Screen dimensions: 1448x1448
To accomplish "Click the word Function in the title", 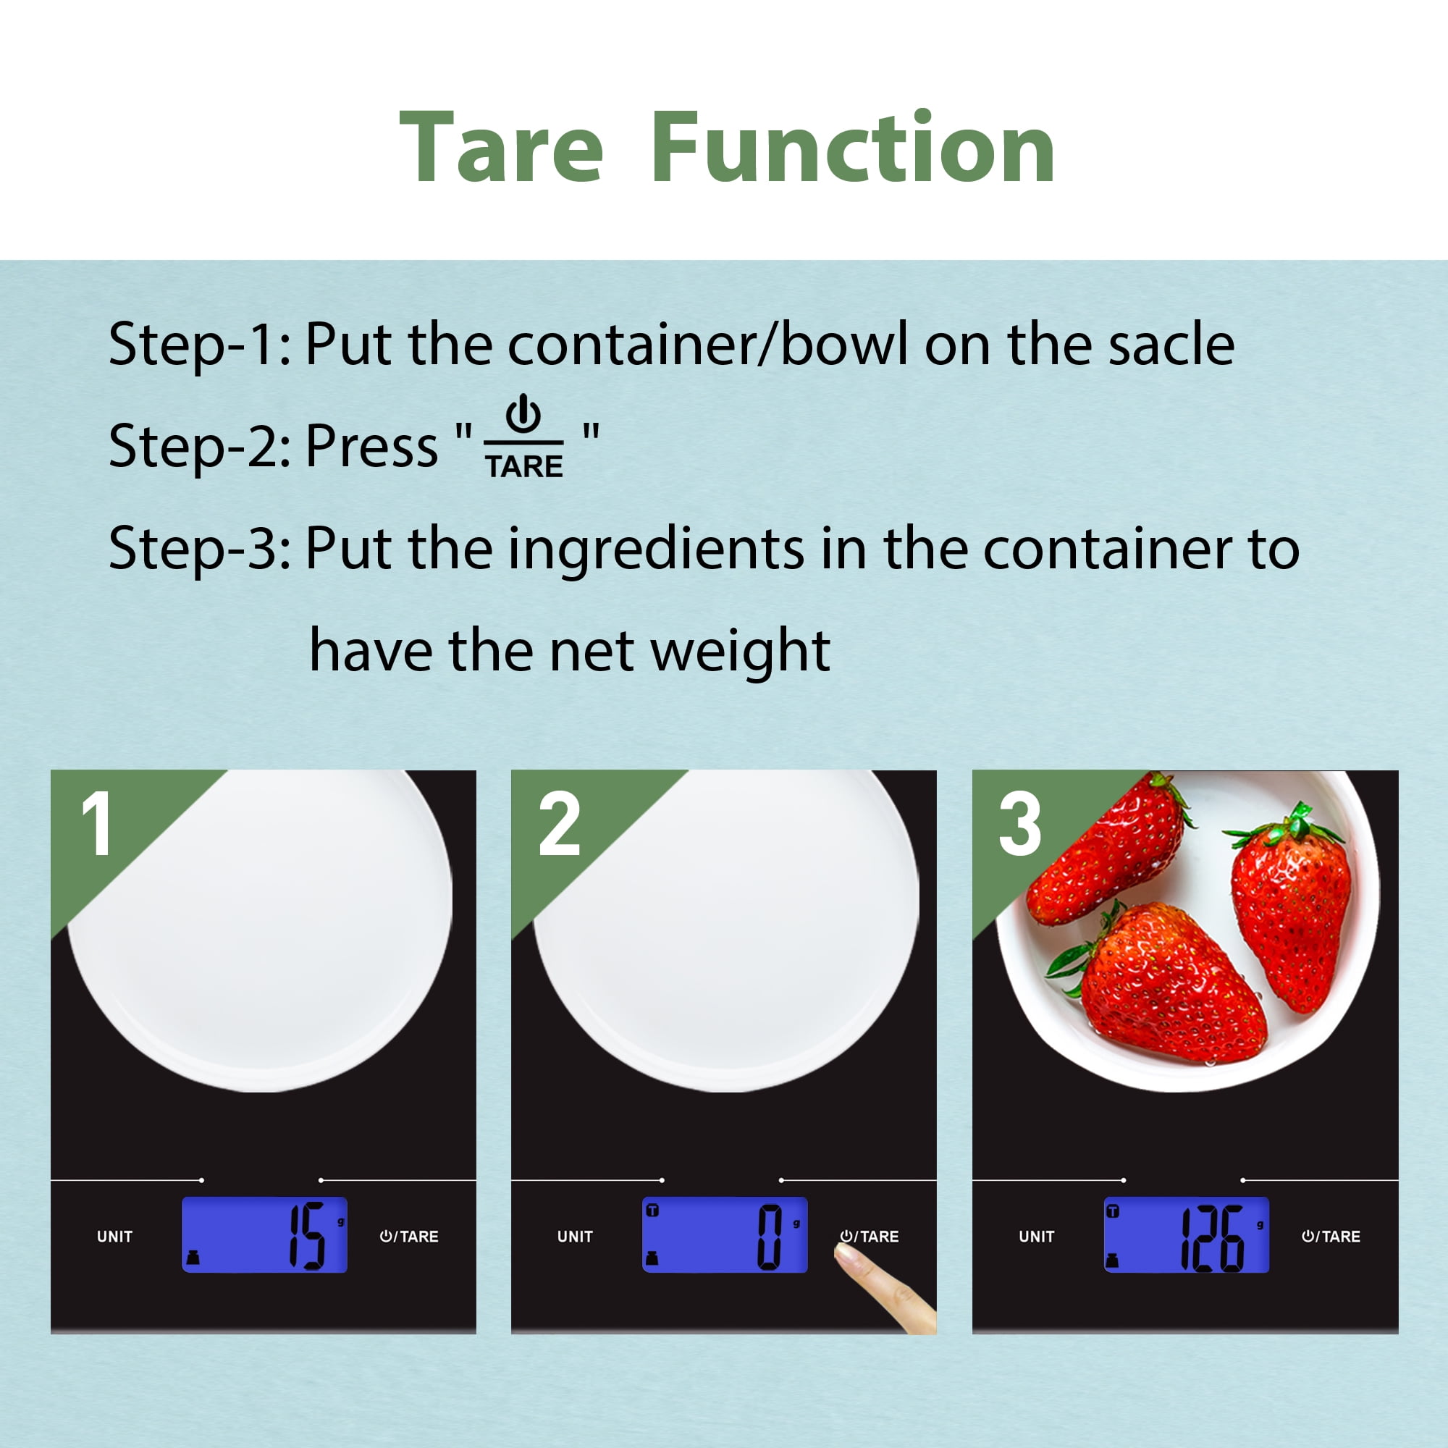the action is (854, 146).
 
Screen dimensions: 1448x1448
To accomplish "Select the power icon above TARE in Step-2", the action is (523, 413).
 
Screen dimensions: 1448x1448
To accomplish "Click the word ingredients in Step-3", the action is (657, 550).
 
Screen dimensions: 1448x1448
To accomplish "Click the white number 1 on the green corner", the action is (97, 824).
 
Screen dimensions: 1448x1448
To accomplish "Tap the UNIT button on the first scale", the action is (114, 1237).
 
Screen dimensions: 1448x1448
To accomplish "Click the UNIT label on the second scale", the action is (575, 1237).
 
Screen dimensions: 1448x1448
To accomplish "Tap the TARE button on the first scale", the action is (408, 1237).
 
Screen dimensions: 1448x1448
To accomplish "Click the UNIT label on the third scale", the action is (1037, 1237).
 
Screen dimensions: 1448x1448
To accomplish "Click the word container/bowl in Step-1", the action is (707, 344).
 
